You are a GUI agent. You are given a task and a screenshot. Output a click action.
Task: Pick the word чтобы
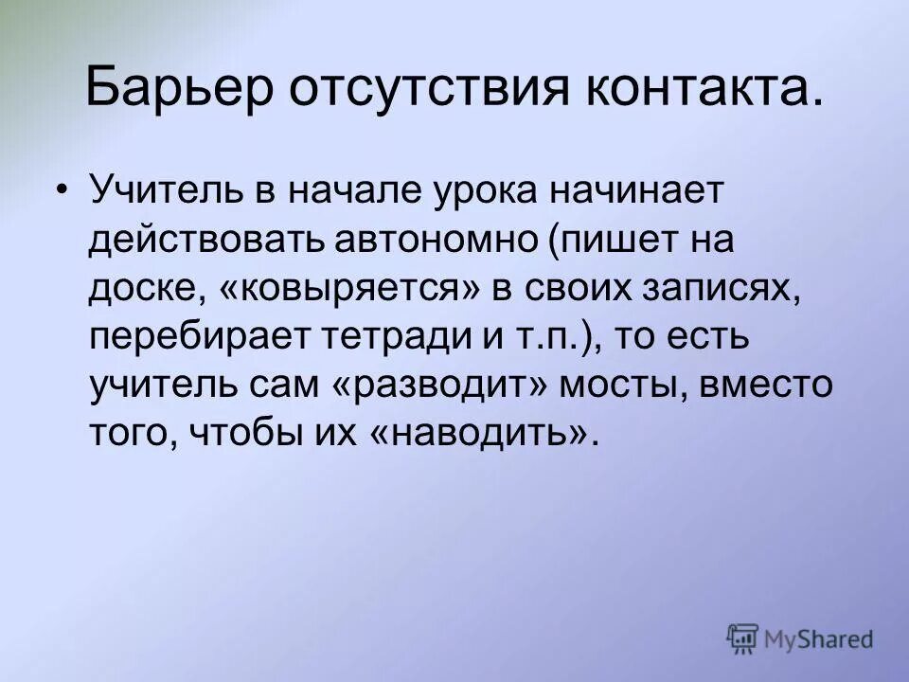point(239,435)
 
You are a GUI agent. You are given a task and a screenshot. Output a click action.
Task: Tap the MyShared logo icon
point(744,638)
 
